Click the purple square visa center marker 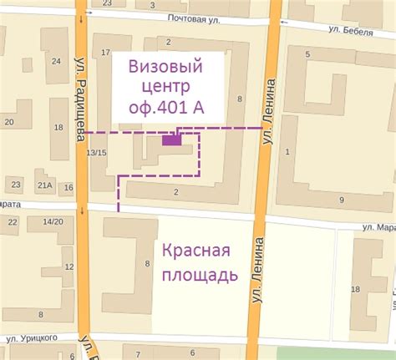click(x=171, y=140)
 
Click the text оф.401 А click(x=168, y=107)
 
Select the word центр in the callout click(x=167, y=86)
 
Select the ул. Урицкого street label click(x=32, y=337)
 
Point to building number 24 click(x=57, y=60)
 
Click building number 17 click(x=105, y=53)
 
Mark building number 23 click(x=16, y=184)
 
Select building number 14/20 click(x=52, y=221)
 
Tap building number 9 click(x=342, y=200)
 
